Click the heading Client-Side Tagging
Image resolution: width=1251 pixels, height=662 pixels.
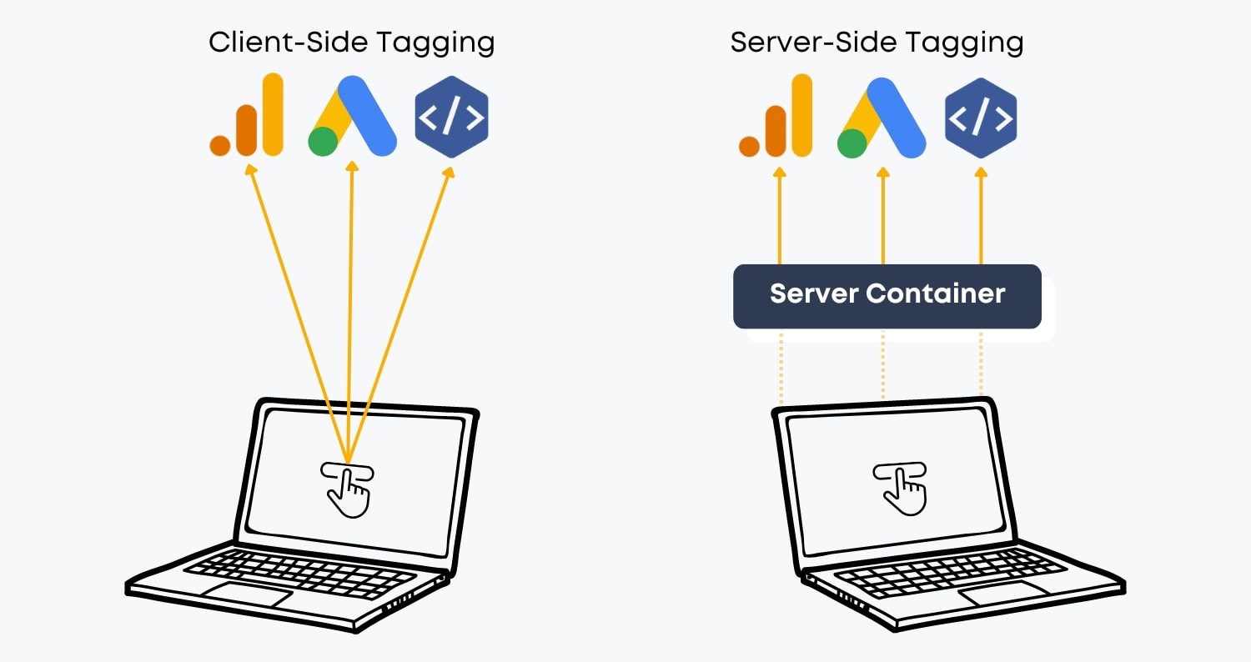351,43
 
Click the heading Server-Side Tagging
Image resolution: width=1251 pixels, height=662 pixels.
877,43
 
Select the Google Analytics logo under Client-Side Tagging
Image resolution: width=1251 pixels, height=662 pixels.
247,117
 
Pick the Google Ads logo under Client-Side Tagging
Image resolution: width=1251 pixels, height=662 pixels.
351,117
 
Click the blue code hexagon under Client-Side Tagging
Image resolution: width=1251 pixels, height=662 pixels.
451,118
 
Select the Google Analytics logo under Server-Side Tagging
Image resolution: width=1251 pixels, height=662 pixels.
776,117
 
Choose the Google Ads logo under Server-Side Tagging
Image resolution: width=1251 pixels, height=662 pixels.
882,117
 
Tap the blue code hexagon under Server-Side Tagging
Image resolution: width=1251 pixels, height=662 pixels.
981,118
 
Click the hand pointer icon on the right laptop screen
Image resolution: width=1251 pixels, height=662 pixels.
900,488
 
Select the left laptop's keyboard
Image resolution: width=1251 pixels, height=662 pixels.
300,573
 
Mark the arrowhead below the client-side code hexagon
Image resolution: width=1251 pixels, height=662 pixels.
449,172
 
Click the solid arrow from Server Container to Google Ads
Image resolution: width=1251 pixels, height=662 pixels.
882,217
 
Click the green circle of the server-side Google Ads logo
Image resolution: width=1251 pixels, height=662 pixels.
852,143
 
